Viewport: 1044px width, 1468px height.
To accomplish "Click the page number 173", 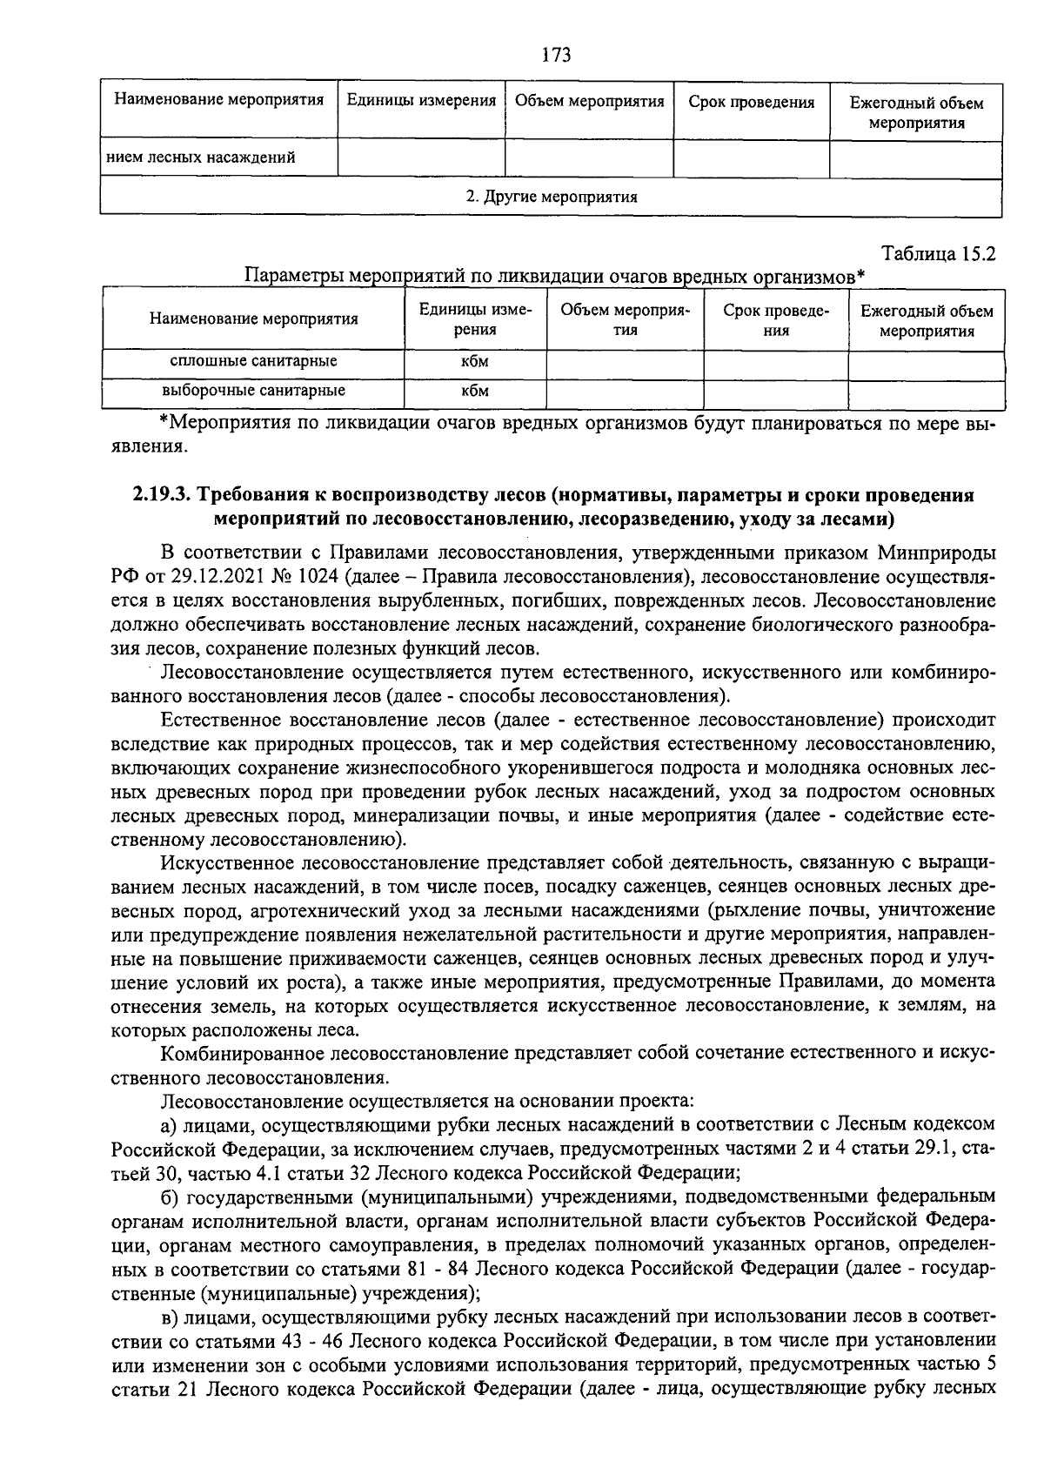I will pyautogui.click(x=555, y=55).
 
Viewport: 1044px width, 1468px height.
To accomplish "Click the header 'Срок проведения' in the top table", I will pyautogui.click(x=752, y=103).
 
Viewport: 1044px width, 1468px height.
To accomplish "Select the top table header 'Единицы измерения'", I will pyautogui.click(x=421, y=101).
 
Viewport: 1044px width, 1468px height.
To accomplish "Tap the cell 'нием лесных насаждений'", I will pyautogui.click(x=201, y=158).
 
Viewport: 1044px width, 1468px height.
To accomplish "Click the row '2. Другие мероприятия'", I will pyautogui.click(x=552, y=197).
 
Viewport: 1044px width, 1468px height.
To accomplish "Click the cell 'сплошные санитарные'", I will pyautogui.click(x=253, y=361).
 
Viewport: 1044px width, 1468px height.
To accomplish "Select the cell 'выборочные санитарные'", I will pyautogui.click(x=253, y=391).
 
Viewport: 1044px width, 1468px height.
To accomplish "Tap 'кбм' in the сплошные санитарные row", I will pyautogui.click(x=475, y=361).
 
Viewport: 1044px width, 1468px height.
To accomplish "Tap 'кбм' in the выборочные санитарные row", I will pyautogui.click(x=475, y=391).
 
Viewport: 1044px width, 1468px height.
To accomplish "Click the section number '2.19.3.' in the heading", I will pyautogui.click(x=162, y=495).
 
